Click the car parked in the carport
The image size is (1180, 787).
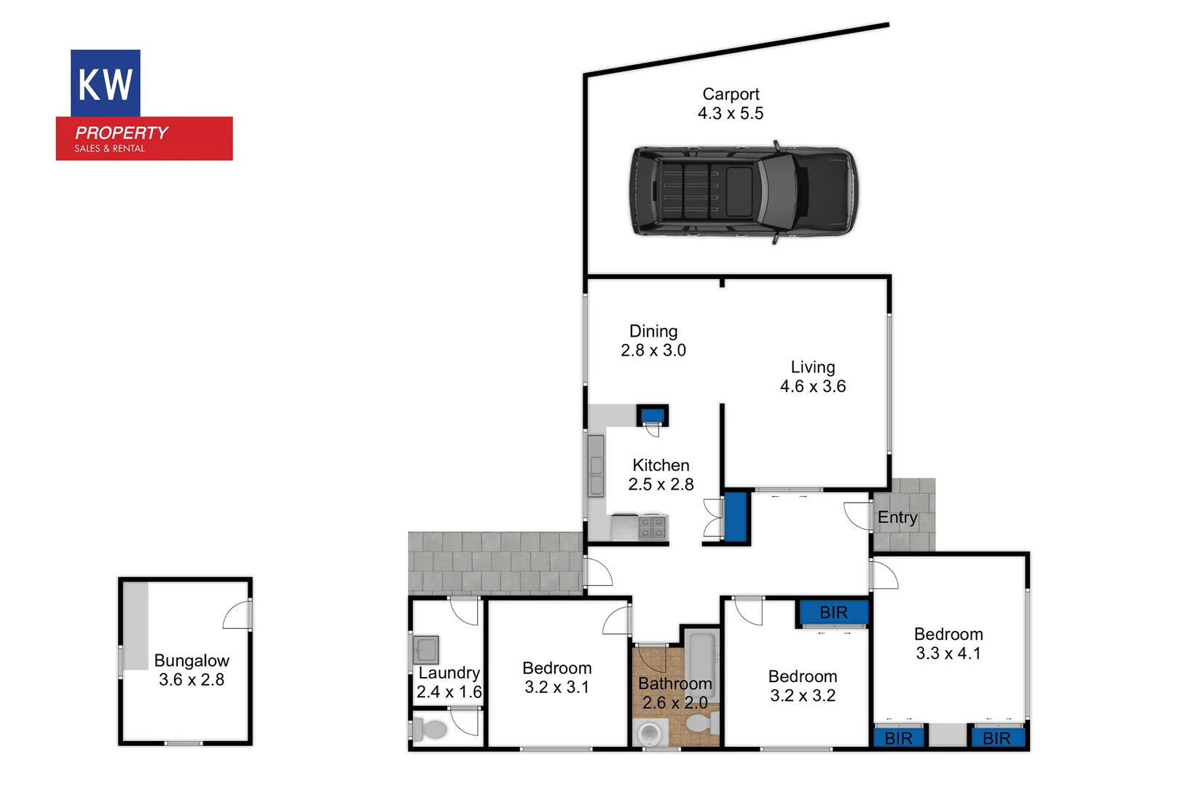pyautogui.click(x=743, y=191)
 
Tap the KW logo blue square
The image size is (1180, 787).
pyautogui.click(x=105, y=83)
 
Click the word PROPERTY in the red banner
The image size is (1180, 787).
pyautogui.click(x=122, y=133)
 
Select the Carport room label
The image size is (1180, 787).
pyautogui.click(x=731, y=94)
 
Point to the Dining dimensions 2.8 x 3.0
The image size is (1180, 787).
pyautogui.click(x=653, y=351)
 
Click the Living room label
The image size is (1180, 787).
pyautogui.click(x=813, y=367)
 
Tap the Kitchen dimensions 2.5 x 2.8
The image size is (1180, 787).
pyautogui.click(x=661, y=485)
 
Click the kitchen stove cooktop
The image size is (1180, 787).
pyautogui.click(x=652, y=527)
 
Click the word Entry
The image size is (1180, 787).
pyautogui.click(x=897, y=517)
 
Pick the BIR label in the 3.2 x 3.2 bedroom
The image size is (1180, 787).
pyautogui.click(x=833, y=612)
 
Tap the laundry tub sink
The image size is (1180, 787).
pyautogui.click(x=426, y=649)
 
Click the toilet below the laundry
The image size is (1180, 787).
pyautogui.click(x=432, y=728)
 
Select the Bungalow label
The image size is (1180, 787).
pyautogui.click(x=192, y=661)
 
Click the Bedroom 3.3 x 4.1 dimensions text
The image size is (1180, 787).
pyautogui.click(x=948, y=654)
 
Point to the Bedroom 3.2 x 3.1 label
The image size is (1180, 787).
pyautogui.click(x=557, y=668)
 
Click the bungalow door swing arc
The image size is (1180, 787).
pyautogui.click(x=236, y=616)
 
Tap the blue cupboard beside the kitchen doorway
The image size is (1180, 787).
pyautogui.click(x=736, y=517)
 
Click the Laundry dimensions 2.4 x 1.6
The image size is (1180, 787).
pyautogui.click(x=449, y=692)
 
